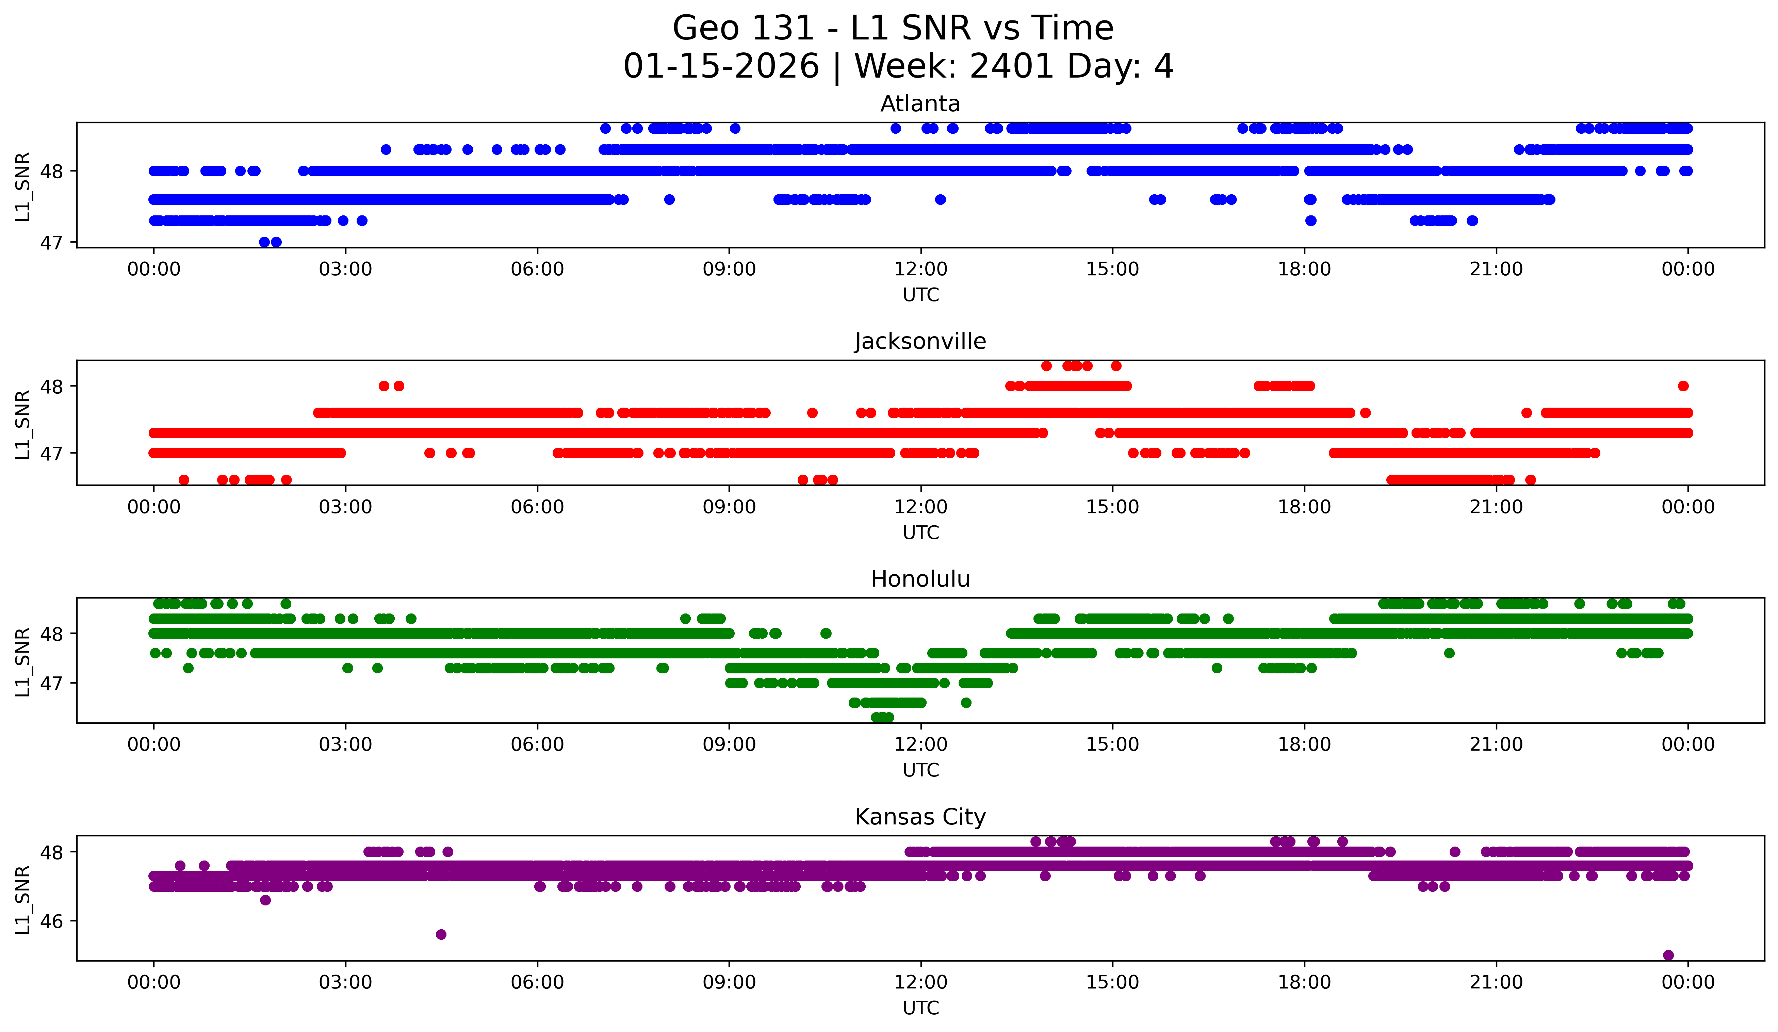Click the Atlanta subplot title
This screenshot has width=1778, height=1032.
pyautogui.click(x=920, y=104)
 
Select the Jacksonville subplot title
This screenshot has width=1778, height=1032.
pyautogui.click(x=920, y=341)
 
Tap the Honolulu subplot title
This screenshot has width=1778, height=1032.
pyautogui.click(x=920, y=579)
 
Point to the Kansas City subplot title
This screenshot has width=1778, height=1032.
pyautogui.click(x=920, y=817)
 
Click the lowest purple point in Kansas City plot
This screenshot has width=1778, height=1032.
pyautogui.click(x=1668, y=955)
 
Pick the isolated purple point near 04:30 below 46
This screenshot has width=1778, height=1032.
pyautogui.click(x=441, y=935)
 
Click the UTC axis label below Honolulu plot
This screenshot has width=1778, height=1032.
pyautogui.click(x=921, y=770)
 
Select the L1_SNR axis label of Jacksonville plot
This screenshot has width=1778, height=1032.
pyautogui.click(x=22, y=425)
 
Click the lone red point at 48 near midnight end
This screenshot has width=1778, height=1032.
pyautogui.click(x=1683, y=386)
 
